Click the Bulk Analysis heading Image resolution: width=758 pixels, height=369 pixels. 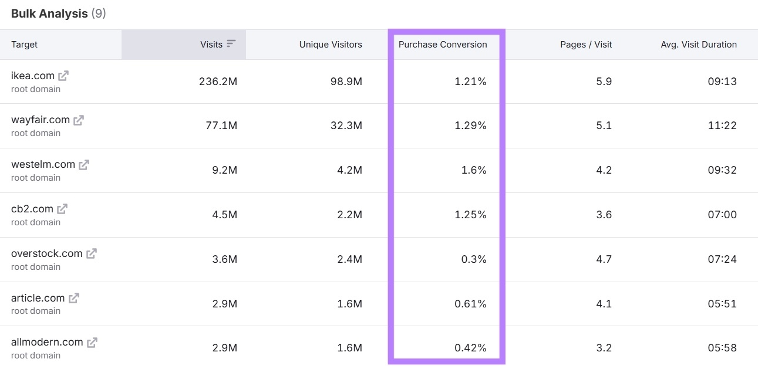[x=50, y=13]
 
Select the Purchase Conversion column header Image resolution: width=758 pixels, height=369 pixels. [x=443, y=44]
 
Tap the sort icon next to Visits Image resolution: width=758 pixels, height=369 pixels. [x=231, y=44]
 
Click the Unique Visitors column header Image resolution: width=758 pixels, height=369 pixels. [x=331, y=44]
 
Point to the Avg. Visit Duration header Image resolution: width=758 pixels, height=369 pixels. [x=698, y=44]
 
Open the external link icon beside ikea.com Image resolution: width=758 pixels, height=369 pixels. [x=63, y=76]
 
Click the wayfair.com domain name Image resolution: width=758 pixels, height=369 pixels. [x=40, y=120]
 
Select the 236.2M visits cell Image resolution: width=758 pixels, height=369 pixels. [x=218, y=82]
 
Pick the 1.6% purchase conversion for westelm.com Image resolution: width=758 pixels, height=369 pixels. [x=474, y=170]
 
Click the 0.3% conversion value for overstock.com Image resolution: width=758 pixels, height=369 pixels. [x=474, y=259]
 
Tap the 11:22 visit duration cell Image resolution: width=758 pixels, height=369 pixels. [x=722, y=126]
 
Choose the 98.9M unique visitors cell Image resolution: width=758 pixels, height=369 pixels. [x=346, y=82]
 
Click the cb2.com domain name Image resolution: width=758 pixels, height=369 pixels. [x=32, y=209]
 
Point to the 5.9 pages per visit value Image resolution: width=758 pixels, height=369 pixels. [x=604, y=82]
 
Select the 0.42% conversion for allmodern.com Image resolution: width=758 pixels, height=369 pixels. [x=470, y=348]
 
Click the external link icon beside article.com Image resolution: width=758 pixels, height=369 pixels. [x=74, y=298]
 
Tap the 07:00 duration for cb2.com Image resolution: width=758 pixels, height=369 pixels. [x=722, y=215]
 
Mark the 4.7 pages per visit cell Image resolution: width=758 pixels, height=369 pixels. [x=604, y=259]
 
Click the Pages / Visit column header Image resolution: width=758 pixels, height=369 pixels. [x=586, y=44]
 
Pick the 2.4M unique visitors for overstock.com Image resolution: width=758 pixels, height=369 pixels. [x=349, y=259]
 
